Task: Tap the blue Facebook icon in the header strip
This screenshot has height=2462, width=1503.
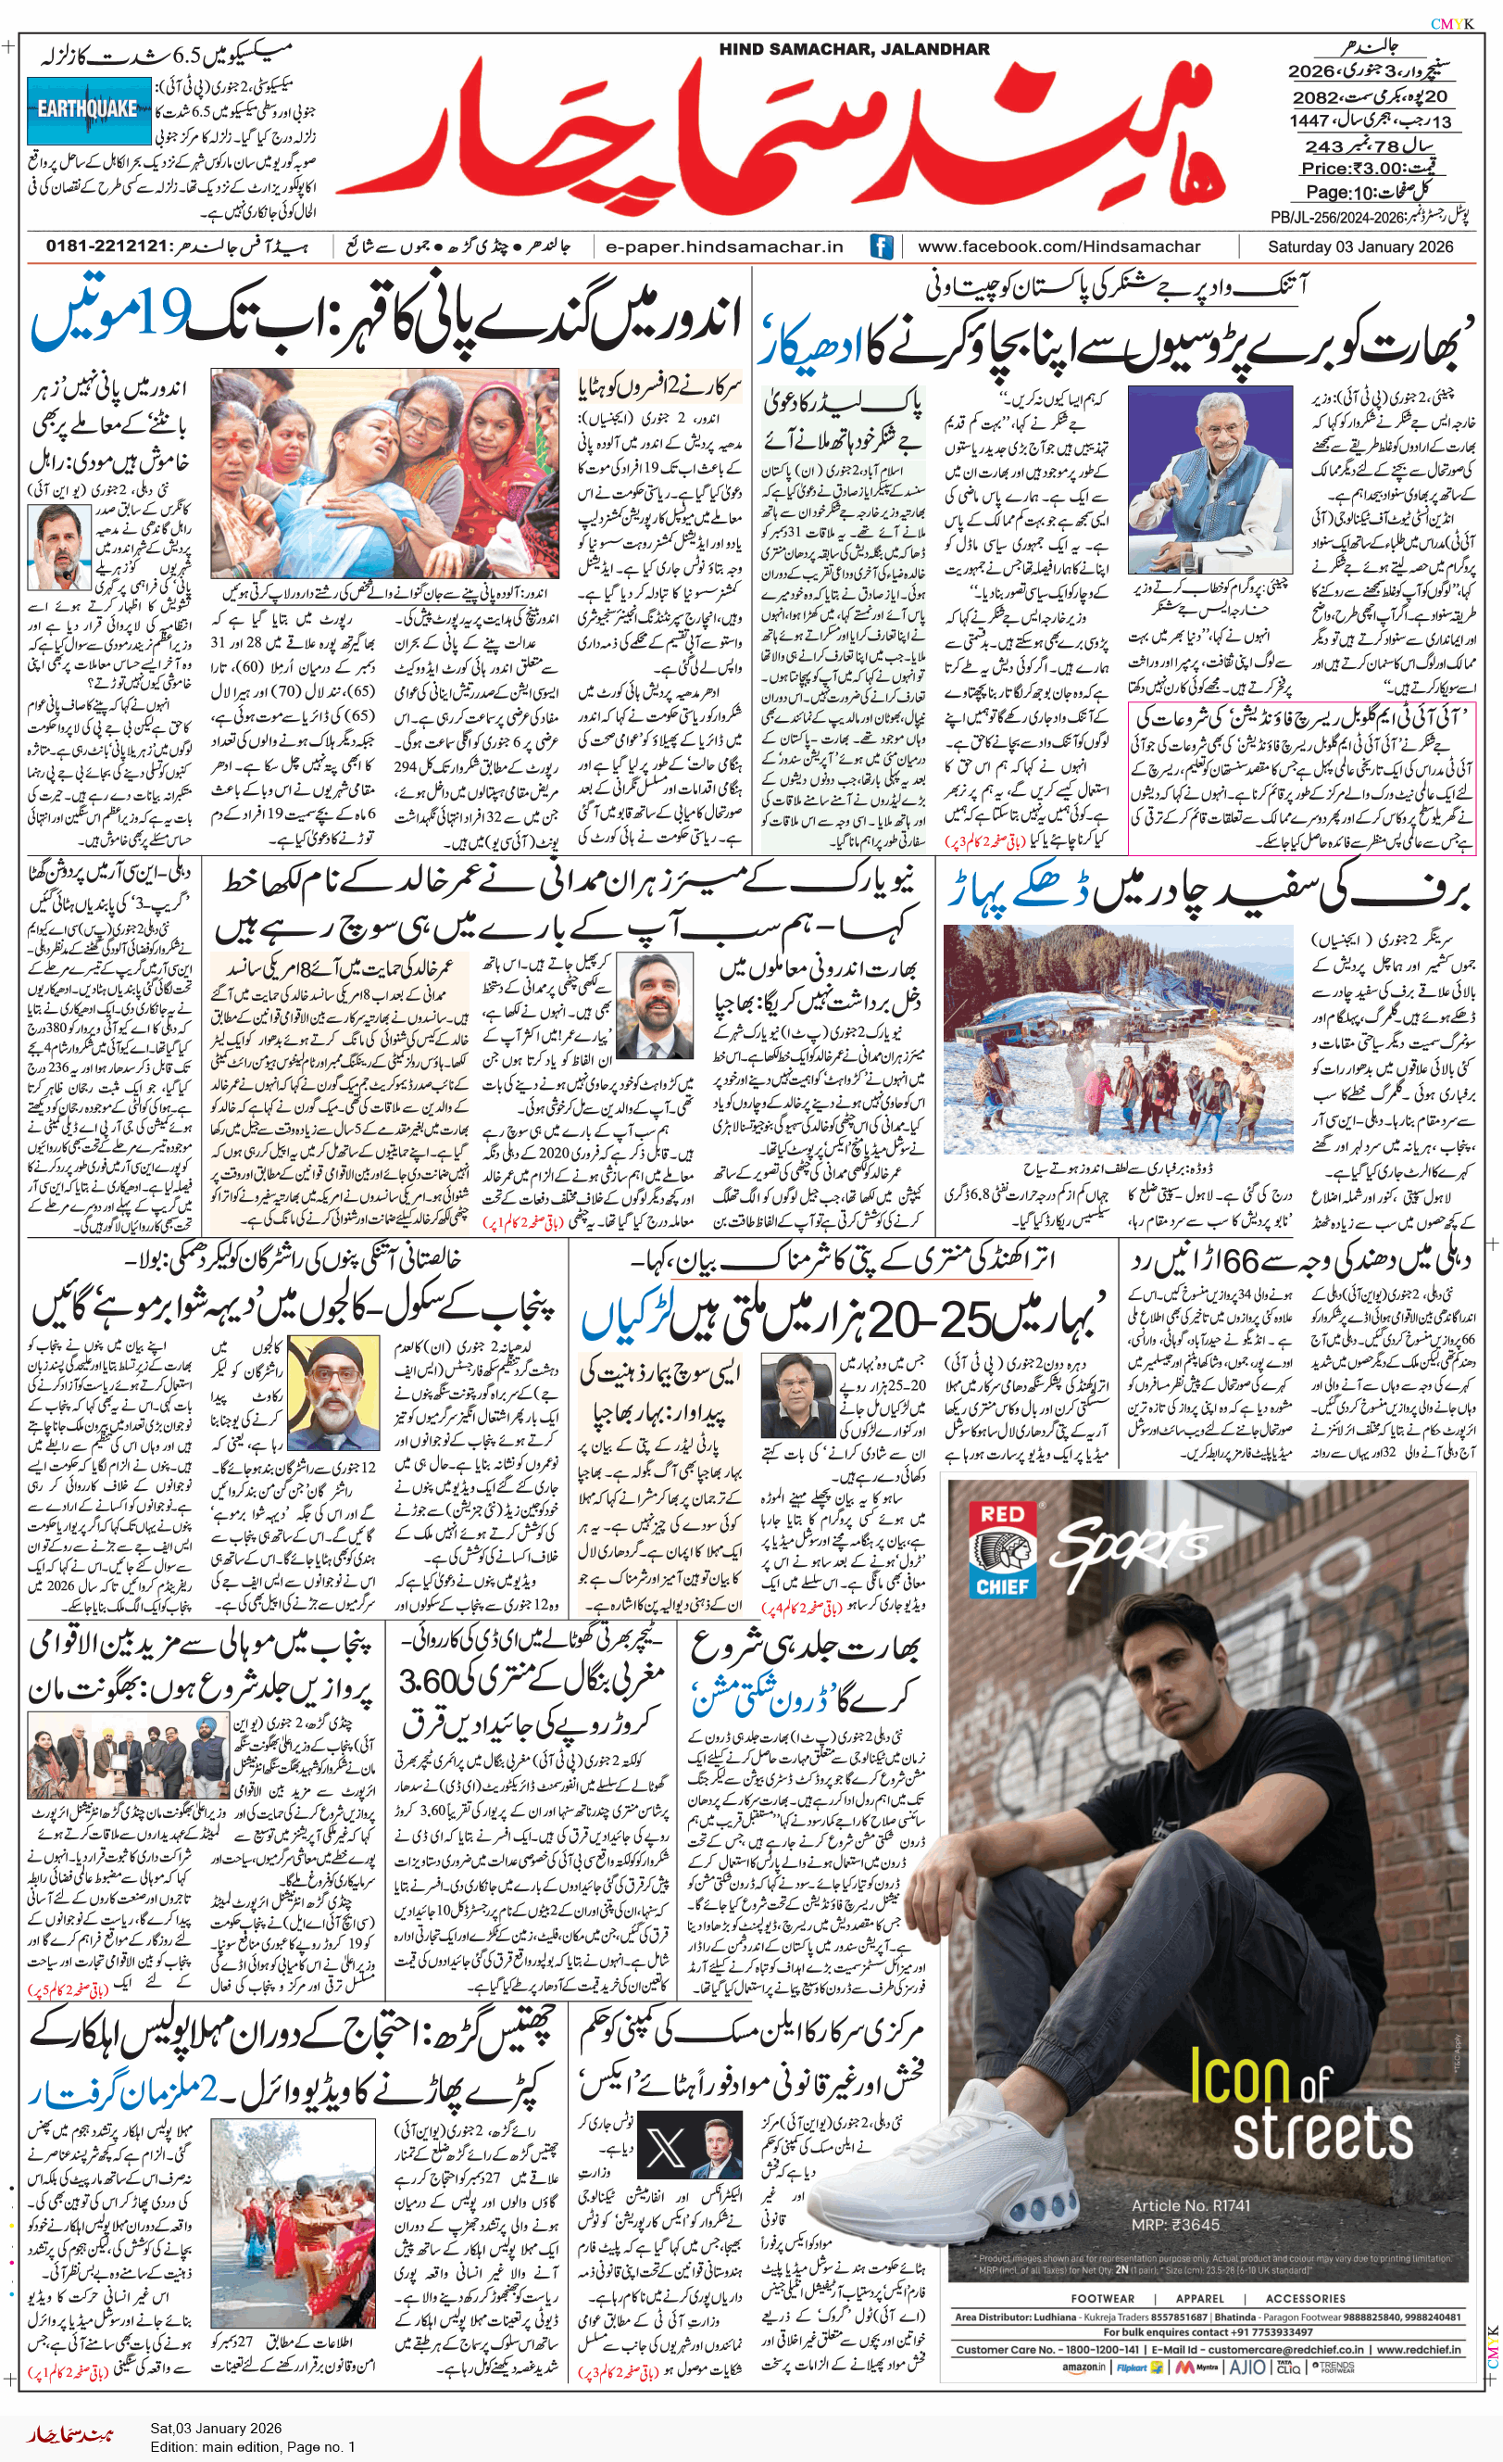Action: coord(881,246)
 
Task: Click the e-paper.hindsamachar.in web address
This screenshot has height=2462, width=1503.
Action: coord(724,246)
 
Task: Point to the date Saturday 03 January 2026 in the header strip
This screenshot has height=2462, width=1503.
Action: coord(1360,246)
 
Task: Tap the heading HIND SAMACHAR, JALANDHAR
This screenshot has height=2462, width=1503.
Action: coord(854,49)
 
